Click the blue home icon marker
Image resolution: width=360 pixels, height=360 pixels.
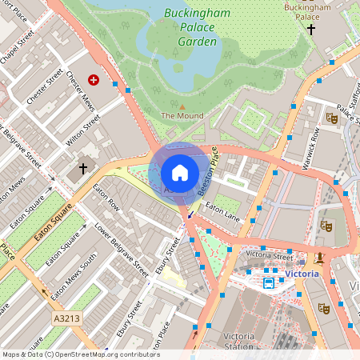point(180,173)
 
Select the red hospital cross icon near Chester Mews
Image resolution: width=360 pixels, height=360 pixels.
point(94,80)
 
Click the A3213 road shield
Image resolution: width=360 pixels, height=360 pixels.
point(67,318)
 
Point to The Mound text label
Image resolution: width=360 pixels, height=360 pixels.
point(182,116)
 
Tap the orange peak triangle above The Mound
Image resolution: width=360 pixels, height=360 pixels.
point(182,106)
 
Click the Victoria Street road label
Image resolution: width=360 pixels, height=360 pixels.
point(270,254)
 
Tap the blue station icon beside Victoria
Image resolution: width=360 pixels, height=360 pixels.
point(270,282)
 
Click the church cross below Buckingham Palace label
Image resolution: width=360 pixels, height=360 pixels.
point(311,29)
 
